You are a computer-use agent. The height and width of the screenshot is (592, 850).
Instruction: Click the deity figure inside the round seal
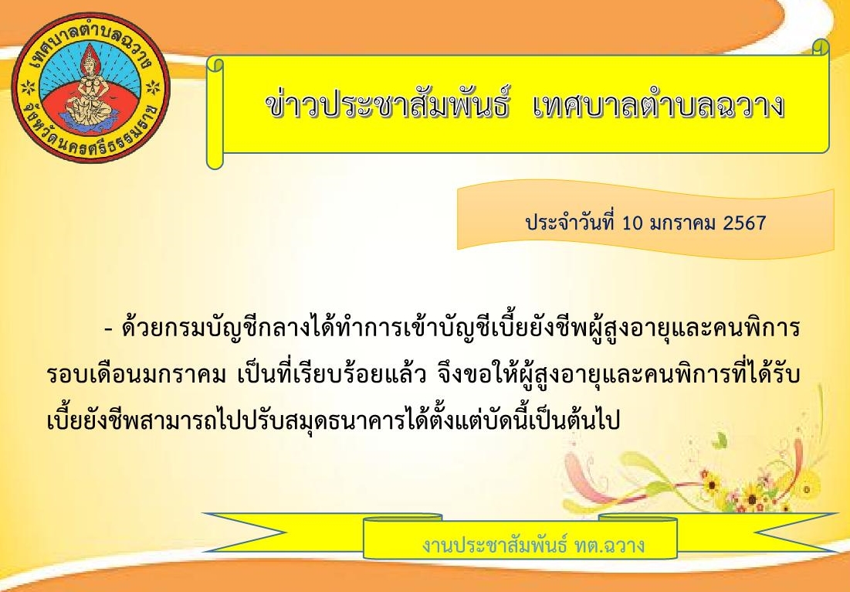coord(90,87)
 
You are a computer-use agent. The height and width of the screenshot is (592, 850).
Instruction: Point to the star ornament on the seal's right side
coord(154,87)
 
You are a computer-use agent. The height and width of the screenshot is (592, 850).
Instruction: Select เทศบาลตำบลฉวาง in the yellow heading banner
coord(659,105)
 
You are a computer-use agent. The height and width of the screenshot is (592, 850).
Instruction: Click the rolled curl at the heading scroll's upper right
coord(821,47)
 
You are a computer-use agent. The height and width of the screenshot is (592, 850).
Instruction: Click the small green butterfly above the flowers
coord(720,440)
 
